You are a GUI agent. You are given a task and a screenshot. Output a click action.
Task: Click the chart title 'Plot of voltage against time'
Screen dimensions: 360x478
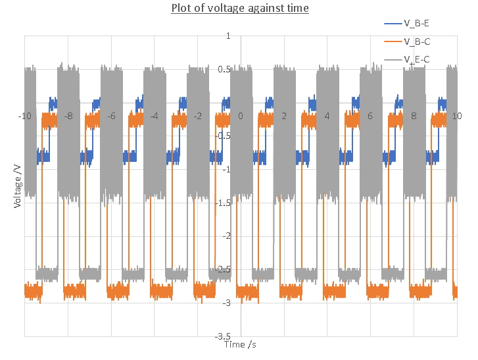click(x=240, y=9)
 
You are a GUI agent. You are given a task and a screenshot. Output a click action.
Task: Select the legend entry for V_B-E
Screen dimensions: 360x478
click(x=417, y=24)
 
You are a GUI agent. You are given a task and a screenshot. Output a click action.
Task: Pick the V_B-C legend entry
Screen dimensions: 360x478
click(x=417, y=42)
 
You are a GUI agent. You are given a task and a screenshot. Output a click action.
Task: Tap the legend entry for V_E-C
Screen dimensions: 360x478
click(x=417, y=60)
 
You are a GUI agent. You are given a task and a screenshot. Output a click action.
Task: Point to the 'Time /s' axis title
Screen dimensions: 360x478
click(x=239, y=344)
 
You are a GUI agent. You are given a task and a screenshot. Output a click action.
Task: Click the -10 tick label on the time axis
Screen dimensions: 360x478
click(x=24, y=116)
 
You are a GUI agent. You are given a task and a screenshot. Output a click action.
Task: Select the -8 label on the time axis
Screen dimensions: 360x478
click(x=68, y=116)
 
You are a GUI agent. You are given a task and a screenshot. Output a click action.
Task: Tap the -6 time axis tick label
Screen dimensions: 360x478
click(x=111, y=116)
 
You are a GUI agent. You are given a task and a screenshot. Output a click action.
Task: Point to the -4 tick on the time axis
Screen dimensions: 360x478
click(x=155, y=116)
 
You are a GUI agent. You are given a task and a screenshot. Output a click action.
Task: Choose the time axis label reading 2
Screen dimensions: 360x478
click(x=284, y=116)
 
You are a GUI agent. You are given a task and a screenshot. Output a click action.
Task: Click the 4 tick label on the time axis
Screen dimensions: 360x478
click(x=327, y=116)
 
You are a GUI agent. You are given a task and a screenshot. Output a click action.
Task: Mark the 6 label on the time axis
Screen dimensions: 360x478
click(x=370, y=116)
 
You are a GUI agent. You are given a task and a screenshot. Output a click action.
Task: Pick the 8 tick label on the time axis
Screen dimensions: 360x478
click(x=414, y=116)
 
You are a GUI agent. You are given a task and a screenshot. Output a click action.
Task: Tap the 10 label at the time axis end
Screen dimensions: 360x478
click(x=456, y=116)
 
